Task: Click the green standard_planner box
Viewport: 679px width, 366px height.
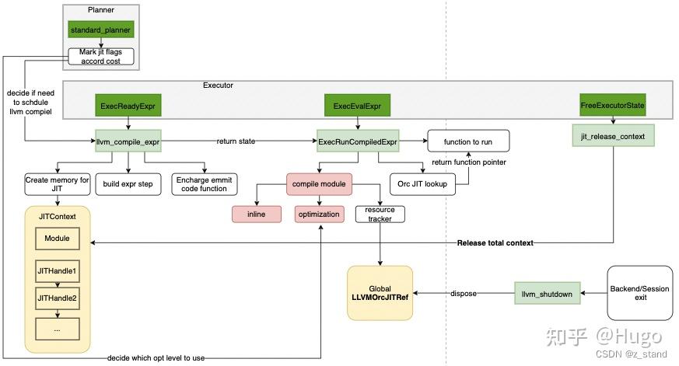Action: [x=100, y=30]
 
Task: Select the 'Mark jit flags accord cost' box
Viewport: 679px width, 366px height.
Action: [x=100, y=56]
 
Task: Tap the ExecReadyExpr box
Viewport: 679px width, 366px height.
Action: [x=126, y=105]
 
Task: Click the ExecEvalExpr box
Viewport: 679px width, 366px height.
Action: [x=357, y=105]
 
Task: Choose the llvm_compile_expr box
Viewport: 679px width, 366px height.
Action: [x=128, y=142]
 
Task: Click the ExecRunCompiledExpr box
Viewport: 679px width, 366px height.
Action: [x=357, y=142]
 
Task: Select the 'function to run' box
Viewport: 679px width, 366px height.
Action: [x=468, y=141]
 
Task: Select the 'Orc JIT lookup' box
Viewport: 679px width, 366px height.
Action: [x=423, y=184]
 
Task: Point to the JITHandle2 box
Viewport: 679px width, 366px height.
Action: [x=56, y=296]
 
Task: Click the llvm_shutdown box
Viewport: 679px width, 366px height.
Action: [x=547, y=294]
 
